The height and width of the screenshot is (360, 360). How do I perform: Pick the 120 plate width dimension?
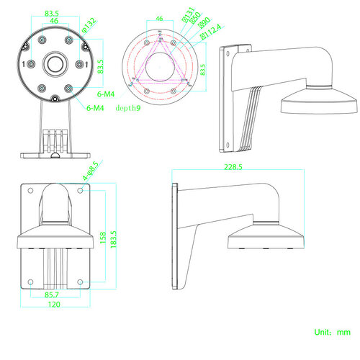pyautogui.click(x=55, y=305)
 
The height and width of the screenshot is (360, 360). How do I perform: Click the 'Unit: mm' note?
pyautogui.click(x=332, y=333)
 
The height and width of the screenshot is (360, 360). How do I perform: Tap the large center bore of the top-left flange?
pyautogui.click(x=55, y=64)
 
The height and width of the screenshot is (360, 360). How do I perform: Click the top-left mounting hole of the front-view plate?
pyautogui.click(x=31, y=190)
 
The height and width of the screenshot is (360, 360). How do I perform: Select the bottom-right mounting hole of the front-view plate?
pyautogui.click(x=86, y=281)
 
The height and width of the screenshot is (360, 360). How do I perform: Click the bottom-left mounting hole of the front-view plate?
pyautogui.click(x=31, y=281)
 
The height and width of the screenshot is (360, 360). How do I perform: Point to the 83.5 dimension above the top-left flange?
pyautogui.click(x=51, y=13)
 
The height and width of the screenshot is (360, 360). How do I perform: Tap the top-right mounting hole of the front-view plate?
pyautogui.click(x=86, y=190)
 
